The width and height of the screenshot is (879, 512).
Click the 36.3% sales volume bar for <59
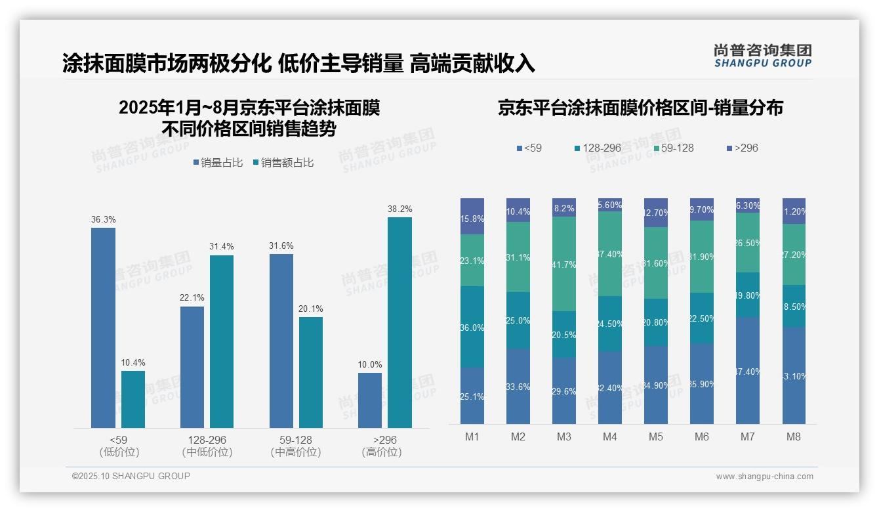click(103, 328)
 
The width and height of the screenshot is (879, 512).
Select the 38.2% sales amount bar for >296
click(399, 322)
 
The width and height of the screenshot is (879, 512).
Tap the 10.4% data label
click(133, 362)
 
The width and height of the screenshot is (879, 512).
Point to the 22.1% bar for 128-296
click(192, 367)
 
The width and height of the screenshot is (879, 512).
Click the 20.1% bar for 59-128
click(311, 372)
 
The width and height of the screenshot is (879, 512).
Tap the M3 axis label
click(563, 437)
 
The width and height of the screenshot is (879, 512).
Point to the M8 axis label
click(794, 437)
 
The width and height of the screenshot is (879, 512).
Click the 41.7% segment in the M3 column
click(563, 264)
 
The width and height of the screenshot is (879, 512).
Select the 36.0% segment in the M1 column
click(472, 327)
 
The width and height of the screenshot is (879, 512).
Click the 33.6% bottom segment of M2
click(518, 386)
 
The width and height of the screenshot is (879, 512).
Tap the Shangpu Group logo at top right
click(762, 56)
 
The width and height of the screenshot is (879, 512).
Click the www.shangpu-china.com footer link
click(764, 477)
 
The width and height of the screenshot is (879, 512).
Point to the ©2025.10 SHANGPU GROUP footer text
click(131, 476)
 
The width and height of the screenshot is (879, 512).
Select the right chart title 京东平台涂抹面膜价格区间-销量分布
click(640, 108)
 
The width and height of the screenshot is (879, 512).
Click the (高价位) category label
click(381, 452)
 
